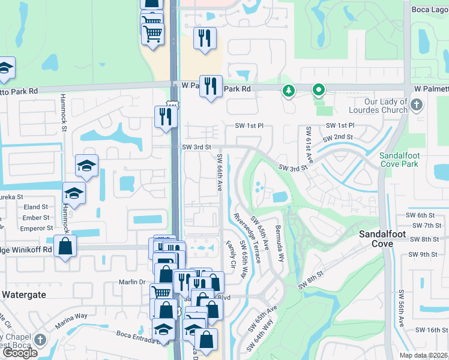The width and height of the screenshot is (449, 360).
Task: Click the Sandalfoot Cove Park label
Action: coord(402,159)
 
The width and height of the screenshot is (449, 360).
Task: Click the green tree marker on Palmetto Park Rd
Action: coord(289,91)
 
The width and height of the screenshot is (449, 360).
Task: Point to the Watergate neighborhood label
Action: coord(25,295)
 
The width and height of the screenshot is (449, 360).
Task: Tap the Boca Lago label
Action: coord(430,9)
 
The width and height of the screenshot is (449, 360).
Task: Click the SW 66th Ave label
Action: coord(219,173)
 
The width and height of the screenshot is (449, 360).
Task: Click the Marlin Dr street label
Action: coord(134,282)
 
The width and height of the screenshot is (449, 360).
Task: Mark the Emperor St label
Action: coord(36,229)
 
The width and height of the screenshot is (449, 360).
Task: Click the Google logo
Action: coord(20,353)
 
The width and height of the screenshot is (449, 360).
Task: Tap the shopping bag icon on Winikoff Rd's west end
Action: coord(65,246)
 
